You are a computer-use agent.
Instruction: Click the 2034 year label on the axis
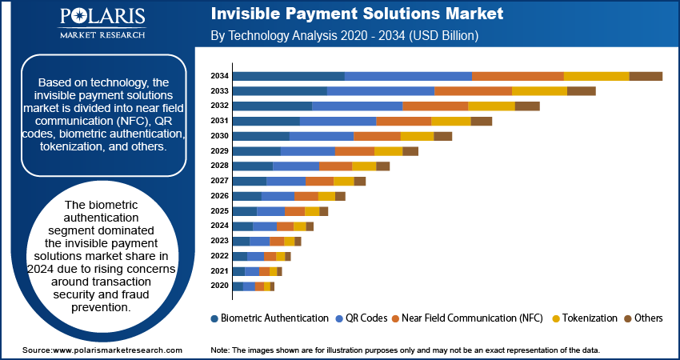point(219,76)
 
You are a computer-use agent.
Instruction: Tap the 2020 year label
point(219,286)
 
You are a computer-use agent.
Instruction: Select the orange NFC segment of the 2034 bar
point(518,76)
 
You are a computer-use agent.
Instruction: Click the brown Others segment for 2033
point(581,91)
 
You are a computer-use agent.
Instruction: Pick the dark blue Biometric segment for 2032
point(272,106)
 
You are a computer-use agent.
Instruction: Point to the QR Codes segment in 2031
point(338,121)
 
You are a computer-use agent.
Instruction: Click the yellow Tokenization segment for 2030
point(417,136)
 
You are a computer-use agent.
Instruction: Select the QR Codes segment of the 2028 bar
point(296,166)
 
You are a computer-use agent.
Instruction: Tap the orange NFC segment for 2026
point(306,196)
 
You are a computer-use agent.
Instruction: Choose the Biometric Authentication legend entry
point(270,318)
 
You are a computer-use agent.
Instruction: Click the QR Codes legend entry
point(362,318)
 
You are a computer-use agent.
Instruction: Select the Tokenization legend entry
point(585,318)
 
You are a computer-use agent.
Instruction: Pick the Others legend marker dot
point(627,318)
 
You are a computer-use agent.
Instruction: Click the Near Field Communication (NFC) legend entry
point(467,318)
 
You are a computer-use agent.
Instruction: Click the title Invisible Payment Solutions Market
point(357,14)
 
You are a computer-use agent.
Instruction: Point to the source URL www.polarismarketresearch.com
point(118,350)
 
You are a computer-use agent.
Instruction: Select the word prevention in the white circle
point(100,307)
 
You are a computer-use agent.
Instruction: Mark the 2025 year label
point(219,210)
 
